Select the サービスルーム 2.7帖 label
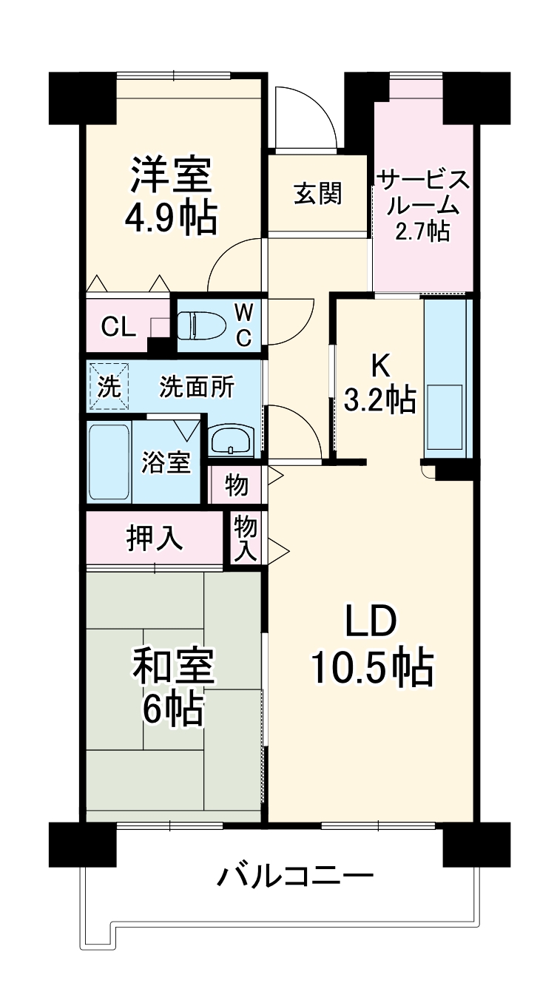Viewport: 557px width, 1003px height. click(x=422, y=204)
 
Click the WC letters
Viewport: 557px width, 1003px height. click(x=243, y=324)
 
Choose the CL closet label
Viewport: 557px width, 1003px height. click(x=118, y=326)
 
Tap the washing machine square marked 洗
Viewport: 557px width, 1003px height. click(x=109, y=385)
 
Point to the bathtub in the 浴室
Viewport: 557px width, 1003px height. click(x=109, y=462)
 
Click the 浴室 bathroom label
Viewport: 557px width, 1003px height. click(x=167, y=462)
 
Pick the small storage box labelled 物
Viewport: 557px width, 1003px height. click(x=236, y=485)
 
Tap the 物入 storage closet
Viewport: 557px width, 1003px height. click(x=246, y=538)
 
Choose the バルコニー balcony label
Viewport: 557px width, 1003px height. click(x=295, y=878)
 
